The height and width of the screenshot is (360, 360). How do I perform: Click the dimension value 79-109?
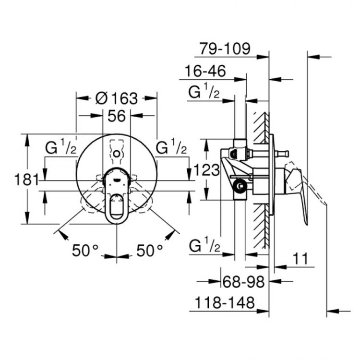(x=225, y=48)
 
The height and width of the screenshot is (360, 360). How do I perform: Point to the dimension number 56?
(x=117, y=116)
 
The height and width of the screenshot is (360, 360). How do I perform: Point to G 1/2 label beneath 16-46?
(x=204, y=92)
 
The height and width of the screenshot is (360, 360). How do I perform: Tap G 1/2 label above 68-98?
(x=204, y=247)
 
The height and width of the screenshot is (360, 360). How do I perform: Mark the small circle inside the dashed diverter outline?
(x=117, y=154)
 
